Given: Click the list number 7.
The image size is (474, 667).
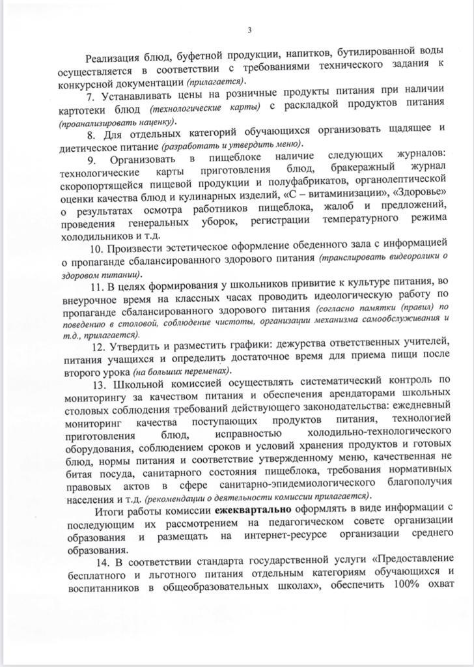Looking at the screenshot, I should point(91,89).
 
